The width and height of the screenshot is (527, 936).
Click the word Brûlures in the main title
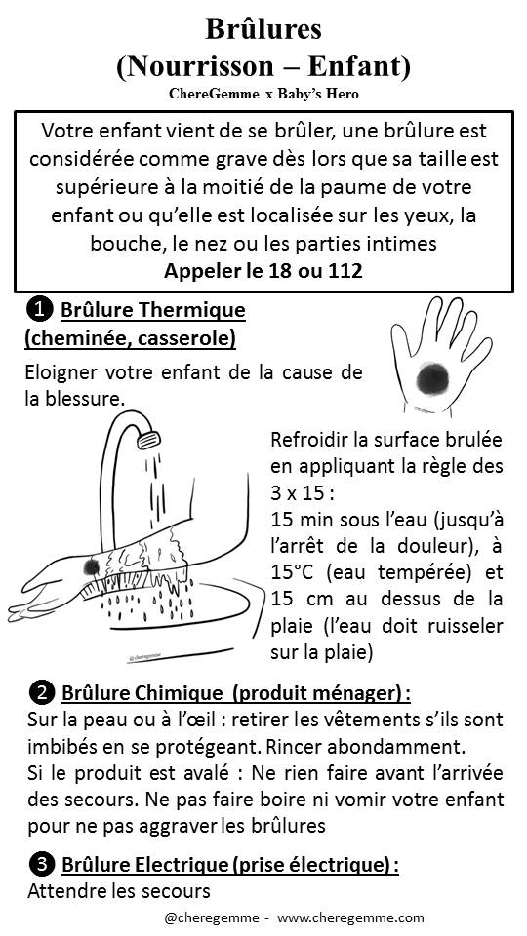point(263,28)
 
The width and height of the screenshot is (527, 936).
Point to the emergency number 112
point(345,271)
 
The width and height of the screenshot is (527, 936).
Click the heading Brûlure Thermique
point(153,310)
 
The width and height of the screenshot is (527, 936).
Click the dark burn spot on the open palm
point(433,378)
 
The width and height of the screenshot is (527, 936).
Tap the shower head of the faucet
point(148,441)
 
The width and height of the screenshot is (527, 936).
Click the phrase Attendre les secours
point(119,892)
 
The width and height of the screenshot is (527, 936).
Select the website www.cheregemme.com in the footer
point(350,918)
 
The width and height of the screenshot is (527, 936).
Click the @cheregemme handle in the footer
point(212,918)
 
